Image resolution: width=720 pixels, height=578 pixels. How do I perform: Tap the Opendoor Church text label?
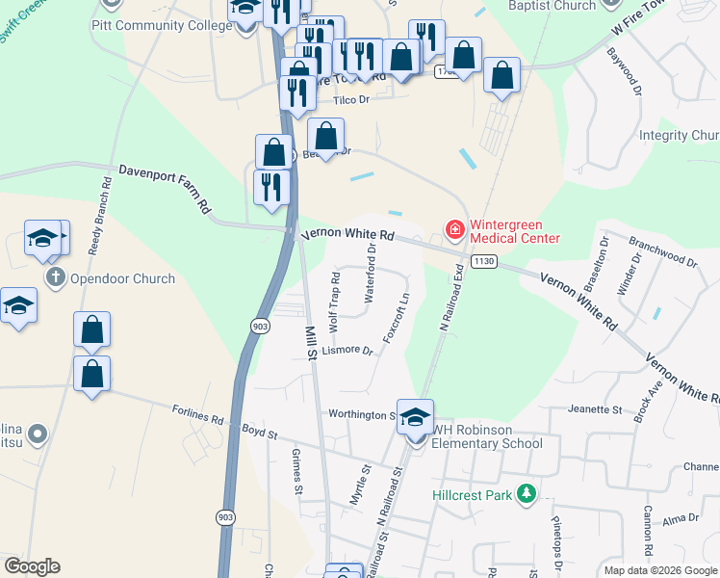pos(122,278)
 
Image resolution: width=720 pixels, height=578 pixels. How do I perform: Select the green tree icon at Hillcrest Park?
pos(526,494)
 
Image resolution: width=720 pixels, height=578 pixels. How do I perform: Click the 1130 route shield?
pos(484,262)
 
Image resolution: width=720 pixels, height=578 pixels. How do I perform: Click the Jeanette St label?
pos(595,409)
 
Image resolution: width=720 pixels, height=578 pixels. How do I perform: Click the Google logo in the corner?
pos(32,566)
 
